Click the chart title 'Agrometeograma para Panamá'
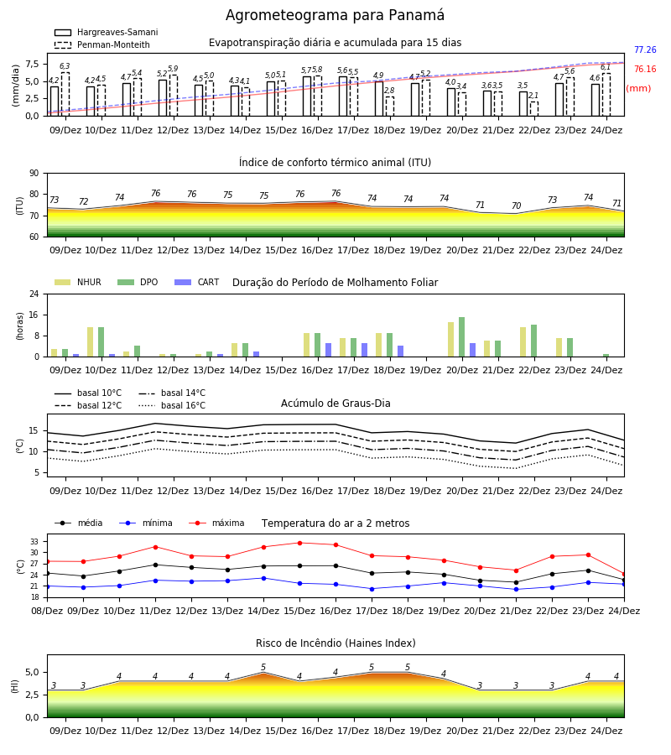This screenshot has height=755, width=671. click(x=335, y=15)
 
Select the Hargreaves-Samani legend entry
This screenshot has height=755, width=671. click(x=106, y=32)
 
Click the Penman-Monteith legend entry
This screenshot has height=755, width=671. click(x=102, y=44)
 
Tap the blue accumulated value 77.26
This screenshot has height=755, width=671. click(x=645, y=49)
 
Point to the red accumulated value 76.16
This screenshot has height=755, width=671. click(x=645, y=69)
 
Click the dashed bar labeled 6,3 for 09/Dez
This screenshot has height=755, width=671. click(x=65, y=94)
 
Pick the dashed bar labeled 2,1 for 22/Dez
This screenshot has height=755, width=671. click(x=534, y=109)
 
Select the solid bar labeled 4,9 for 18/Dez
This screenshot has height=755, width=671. click(x=379, y=99)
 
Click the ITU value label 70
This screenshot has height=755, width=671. click(x=516, y=206)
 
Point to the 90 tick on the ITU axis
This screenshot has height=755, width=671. click(x=34, y=174)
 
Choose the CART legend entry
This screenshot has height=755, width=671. click(x=197, y=282)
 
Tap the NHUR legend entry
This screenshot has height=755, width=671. click(x=78, y=282)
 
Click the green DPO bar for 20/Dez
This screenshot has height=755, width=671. click(x=461, y=337)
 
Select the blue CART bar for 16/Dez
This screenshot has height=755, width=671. click(x=328, y=350)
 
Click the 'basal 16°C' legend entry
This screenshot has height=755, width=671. click(x=172, y=405)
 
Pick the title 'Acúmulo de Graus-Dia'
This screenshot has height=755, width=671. click(x=335, y=403)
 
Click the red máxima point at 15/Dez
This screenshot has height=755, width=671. click(x=300, y=543)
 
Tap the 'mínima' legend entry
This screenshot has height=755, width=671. click(x=146, y=523)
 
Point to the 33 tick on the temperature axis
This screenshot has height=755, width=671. click(x=34, y=542)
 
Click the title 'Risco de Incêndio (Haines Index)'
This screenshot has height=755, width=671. click(x=335, y=643)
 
